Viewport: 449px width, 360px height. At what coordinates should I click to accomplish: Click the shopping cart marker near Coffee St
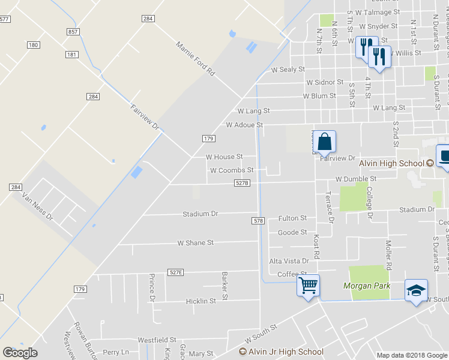pyautogui.click(x=308, y=285)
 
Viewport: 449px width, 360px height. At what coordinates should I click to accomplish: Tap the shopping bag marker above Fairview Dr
pyautogui.click(x=324, y=142)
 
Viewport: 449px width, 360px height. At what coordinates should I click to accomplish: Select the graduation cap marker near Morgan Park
pyautogui.click(x=416, y=290)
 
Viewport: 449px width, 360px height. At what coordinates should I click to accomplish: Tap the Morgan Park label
pyautogui.click(x=367, y=286)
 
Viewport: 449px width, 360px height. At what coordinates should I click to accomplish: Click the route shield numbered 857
pyautogui.click(x=72, y=31)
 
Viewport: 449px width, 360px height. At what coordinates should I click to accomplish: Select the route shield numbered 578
pyautogui.click(x=258, y=221)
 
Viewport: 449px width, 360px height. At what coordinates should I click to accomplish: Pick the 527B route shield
pyautogui.click(x=242, y=183)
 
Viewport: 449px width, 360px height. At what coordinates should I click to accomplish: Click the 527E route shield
pyautogui.click(x=175, y=272)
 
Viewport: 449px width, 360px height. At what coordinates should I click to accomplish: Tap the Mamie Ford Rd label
pyautogui.click(x=195, y=58)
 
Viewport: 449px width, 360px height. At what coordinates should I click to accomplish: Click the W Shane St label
pyautogui.click(x=195, y=243)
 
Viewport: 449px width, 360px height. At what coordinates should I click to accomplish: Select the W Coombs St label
pyautogui.click(x=232, y=170)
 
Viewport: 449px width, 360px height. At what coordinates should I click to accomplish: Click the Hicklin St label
pyautogui.click(x=200, y=301)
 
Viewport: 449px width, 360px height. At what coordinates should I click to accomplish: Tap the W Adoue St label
pyautogui.click(x=244, y=125)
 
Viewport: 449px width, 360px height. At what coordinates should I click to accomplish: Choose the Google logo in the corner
pyautogui.click(x=20, y=353)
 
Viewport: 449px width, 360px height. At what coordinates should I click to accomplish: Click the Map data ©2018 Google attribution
pyautogui.click(x=412, y=355)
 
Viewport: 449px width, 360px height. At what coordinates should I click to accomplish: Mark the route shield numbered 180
pyautogui.click(x=33, y=45)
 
